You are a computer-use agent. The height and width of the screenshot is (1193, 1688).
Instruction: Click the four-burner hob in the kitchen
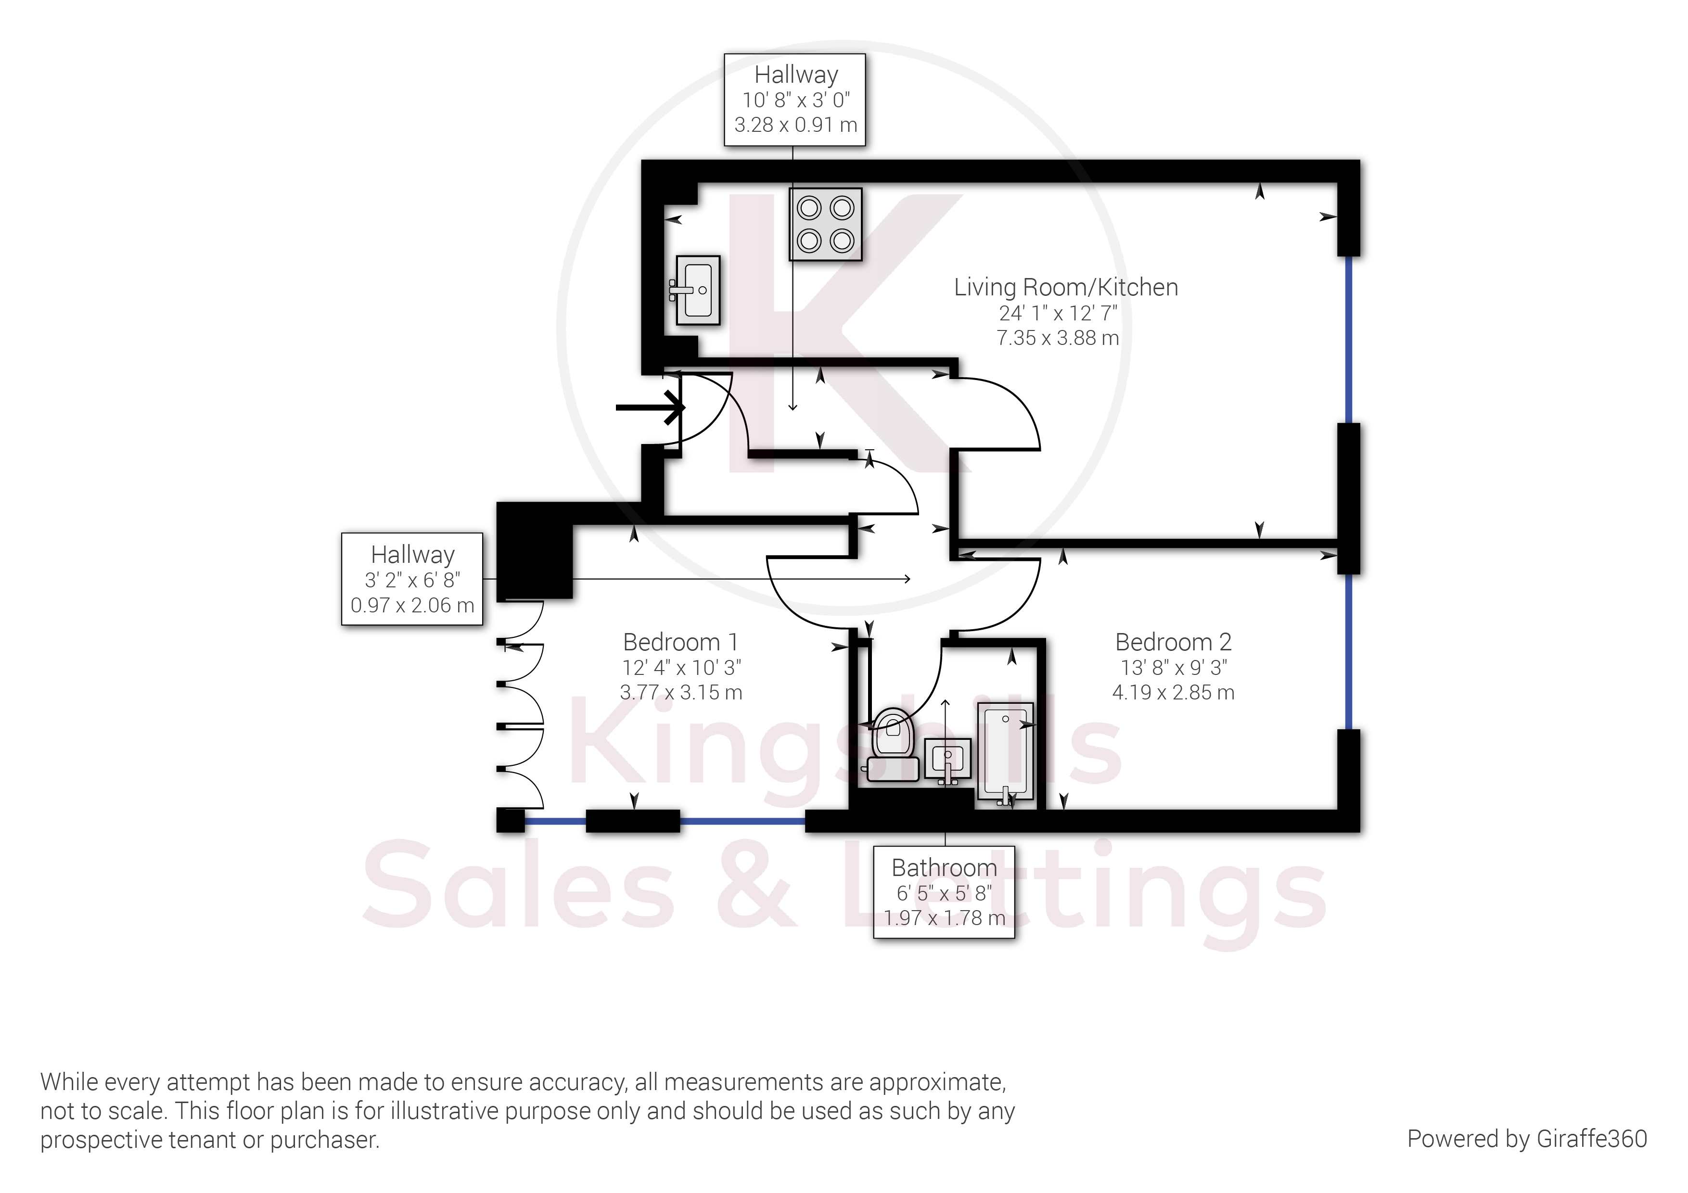pyautogui.click(x=825, y=224)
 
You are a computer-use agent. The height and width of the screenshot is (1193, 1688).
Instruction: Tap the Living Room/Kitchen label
pyautogui.click(x=1065, y=287)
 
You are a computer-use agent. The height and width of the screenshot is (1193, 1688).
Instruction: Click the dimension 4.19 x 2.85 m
pyautogui.click(x=1173, y=692)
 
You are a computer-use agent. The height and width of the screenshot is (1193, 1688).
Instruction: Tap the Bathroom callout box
pyautogui.click(x=944, y=892)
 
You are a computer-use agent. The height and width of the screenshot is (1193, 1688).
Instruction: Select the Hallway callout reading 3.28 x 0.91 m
pyautogui.click(x=795, y=100)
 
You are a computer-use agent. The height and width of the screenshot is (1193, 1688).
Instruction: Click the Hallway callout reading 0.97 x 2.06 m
pyautogui.click(x=412, y=579)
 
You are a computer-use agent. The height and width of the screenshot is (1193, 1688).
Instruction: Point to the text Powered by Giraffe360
pyautogui.click(x=1526, y=1139)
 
